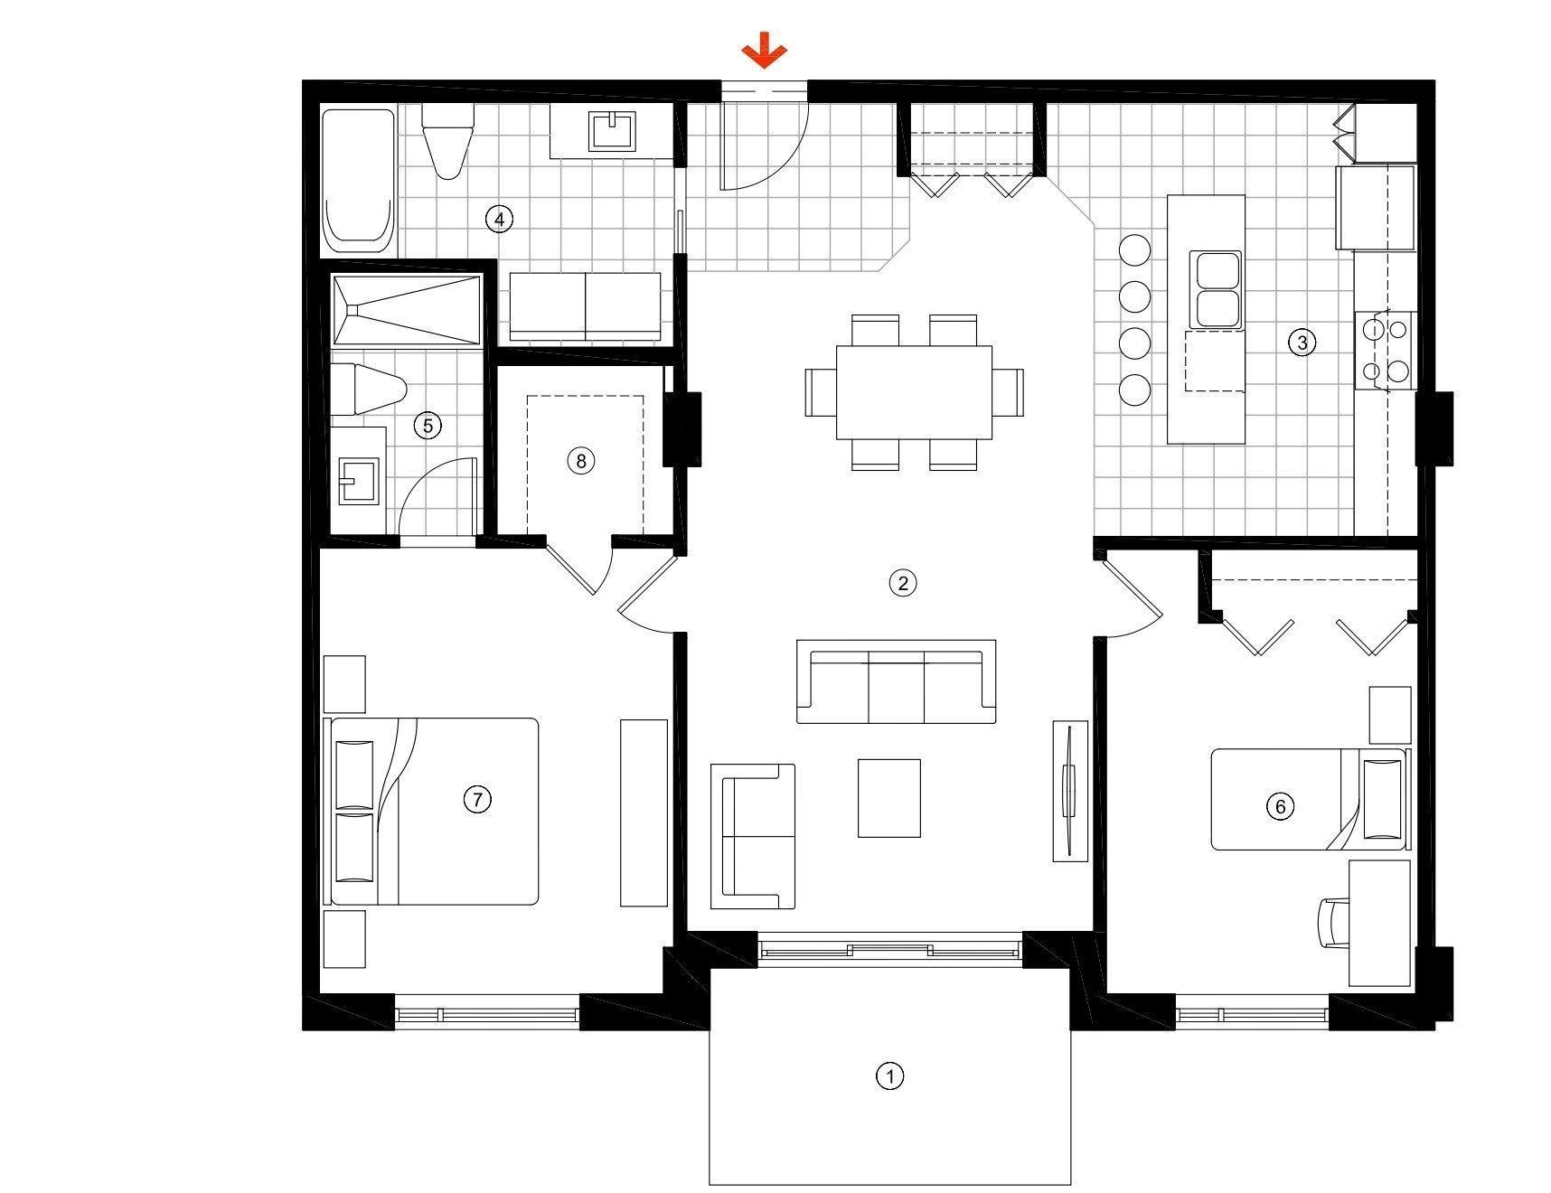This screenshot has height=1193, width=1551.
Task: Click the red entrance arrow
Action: (764, 51)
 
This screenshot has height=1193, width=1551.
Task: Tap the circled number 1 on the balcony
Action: (890, 1076)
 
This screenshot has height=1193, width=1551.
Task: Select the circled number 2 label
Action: (902, 582)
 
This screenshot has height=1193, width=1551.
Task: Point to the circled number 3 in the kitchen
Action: (1302, 342)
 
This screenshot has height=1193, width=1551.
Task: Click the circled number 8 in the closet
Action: (580, 460)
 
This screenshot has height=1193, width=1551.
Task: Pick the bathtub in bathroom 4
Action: (359, 181)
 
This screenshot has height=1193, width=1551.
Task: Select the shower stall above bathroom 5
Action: (405, 309)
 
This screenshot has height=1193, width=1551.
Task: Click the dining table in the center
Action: (914, 392)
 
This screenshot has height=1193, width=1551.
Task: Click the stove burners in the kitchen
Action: (1384, 350)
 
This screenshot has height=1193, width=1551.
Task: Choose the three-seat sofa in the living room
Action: (896, 681)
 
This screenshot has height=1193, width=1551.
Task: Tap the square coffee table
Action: (889, 798)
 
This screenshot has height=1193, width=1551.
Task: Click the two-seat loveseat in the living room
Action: (753, 836)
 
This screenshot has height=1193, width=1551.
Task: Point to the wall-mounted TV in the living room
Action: (1070, 792)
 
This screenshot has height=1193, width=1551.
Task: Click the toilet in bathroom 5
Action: (368, 390)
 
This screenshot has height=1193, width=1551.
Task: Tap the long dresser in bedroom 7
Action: (644, 813)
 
